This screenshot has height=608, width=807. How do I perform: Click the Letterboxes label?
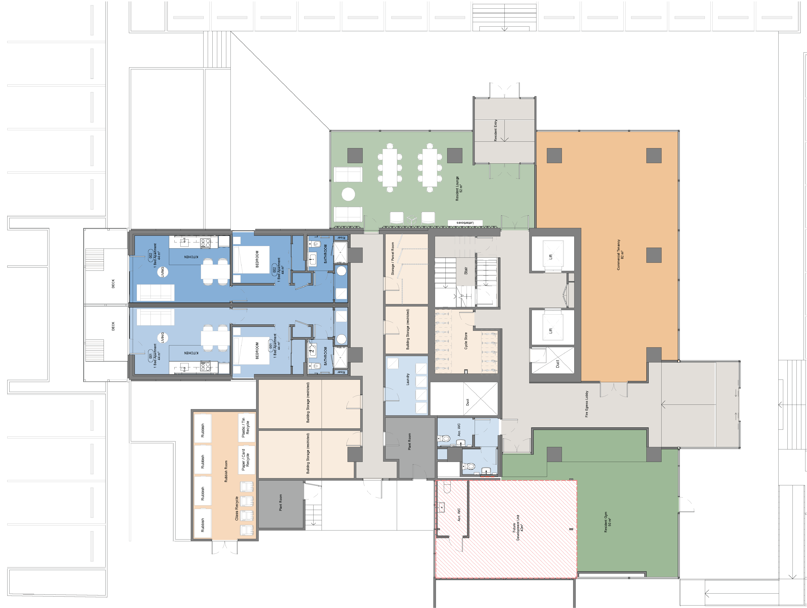465,223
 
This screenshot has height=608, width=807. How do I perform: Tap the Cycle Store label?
466,341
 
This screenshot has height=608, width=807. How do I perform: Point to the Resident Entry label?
495,130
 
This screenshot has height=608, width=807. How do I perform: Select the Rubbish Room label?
226,471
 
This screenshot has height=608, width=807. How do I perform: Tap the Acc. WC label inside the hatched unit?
459,514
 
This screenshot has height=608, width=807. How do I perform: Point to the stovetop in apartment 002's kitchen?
205,243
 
